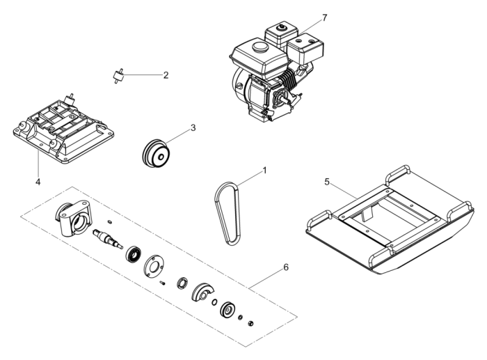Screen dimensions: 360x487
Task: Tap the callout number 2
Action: click(166, 75)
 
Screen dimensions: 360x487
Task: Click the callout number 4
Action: click(38, 182)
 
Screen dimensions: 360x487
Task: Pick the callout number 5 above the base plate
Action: click(327, 182)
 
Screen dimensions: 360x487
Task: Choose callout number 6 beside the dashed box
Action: click(285, 267)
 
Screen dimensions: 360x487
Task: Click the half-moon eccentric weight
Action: click(205, 292)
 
